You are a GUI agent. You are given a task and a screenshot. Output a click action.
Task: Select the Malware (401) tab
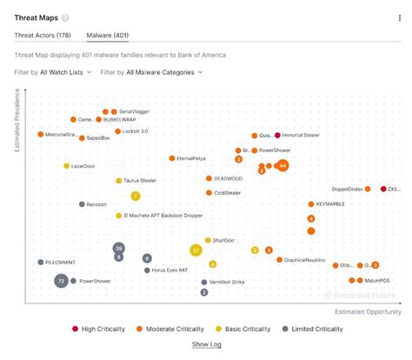click(x=109, y=36)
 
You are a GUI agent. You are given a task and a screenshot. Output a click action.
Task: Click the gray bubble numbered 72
click(x=61, y=281)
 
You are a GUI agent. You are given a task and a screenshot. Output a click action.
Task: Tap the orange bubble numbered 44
click(x=282, y=164)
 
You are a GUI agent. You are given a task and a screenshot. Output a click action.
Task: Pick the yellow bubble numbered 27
click(x=196, y=250)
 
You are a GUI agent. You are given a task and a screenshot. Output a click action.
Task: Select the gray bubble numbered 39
click(x=119, y=248)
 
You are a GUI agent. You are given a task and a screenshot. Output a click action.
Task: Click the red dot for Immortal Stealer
click(x=277, y=135)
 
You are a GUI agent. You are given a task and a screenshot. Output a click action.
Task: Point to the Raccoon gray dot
click(x=79, y=204)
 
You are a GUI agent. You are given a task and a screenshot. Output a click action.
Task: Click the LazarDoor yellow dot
click(x=66, y=165)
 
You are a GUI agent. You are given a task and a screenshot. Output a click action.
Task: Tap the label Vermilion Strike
click(x=227, y=282)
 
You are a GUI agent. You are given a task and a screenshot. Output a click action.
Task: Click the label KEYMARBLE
click(x=330, y=203)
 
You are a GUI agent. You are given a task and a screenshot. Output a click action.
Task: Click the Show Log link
click(x=206, y=345)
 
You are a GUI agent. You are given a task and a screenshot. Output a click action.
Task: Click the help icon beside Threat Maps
click(x=66, y=17)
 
